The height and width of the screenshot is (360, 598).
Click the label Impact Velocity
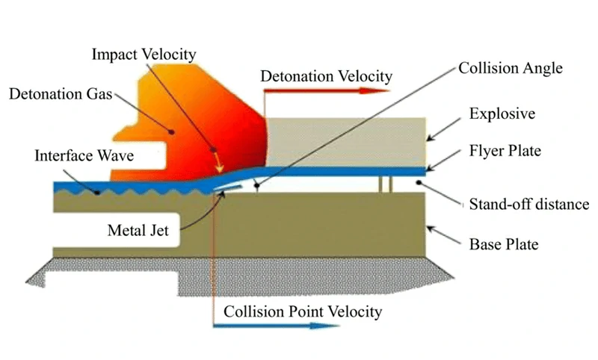pyautogui.click(x=144, y=55)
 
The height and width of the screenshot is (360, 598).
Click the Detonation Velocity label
pyautogui.click(x=326, y=75)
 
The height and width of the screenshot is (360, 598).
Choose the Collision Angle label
pyautogui.click(x=511, y=69)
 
